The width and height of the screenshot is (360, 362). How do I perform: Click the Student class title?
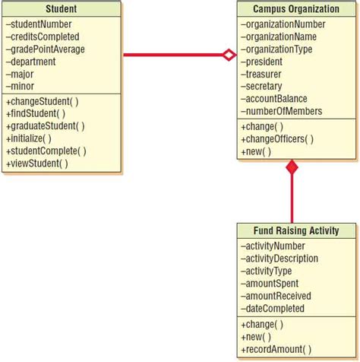(x=61, y=9)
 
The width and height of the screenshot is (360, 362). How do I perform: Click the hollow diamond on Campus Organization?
(x=229, y=55)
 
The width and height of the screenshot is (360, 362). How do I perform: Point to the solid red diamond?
(x=292, y=167)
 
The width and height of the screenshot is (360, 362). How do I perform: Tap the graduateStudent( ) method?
(x=45, y=126)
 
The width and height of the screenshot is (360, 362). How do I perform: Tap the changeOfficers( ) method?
(x=276, y=139)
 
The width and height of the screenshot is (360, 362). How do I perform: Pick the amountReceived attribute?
(x=273, y=296)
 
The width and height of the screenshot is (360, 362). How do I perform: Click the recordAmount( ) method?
(x=276, y=349)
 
